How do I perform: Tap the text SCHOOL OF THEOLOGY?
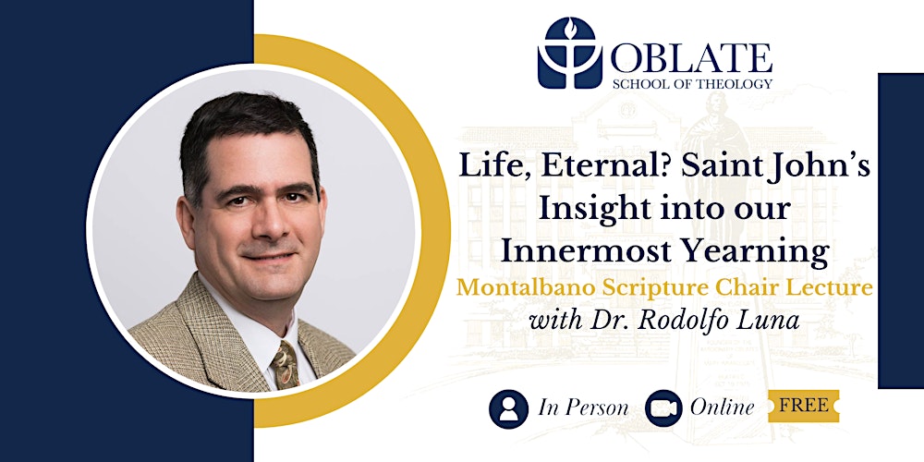tap(690, 84)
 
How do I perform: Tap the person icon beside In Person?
tap(507, 407)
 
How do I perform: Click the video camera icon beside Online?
tap(663, 407)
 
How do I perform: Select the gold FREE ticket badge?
tap(802, 406)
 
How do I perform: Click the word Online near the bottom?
tap(722, 407)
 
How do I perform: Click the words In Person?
tap(585, 407)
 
